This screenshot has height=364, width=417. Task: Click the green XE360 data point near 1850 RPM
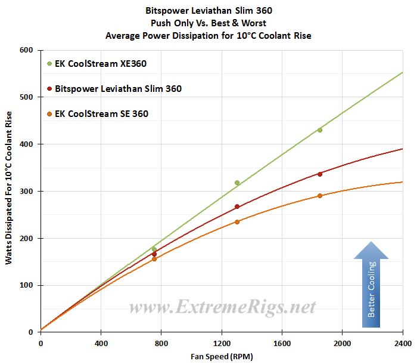(x=320, y=129)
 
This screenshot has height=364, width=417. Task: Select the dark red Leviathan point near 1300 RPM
(x=237, y=206)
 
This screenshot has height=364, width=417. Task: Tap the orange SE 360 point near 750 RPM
(x=154, y=259)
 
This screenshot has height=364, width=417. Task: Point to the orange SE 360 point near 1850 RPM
(x=320, y=196)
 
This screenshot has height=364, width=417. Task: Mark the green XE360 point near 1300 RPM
(x=237, y=183)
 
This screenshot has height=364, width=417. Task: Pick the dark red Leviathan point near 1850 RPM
(x=320, y=174)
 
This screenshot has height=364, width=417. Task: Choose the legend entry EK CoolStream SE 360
(x=101, y=113)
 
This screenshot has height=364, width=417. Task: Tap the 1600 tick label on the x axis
(x=282, y=344)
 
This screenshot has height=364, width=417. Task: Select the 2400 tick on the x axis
(x=403, y=344)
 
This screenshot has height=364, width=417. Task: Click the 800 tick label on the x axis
(x=161, y=344)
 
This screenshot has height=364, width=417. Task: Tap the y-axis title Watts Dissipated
(x=8, y=191)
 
